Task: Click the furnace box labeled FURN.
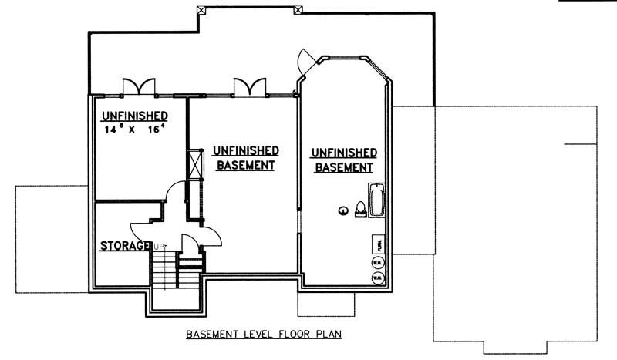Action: pos(378,245)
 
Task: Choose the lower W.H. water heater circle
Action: pos(378,278)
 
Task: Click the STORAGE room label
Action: pos(125,247)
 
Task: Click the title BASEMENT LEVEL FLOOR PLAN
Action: pos(263,335)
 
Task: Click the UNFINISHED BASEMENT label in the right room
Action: pos(344,160)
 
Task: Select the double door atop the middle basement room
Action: pos(251,86)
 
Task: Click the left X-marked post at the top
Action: pos(202,9)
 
